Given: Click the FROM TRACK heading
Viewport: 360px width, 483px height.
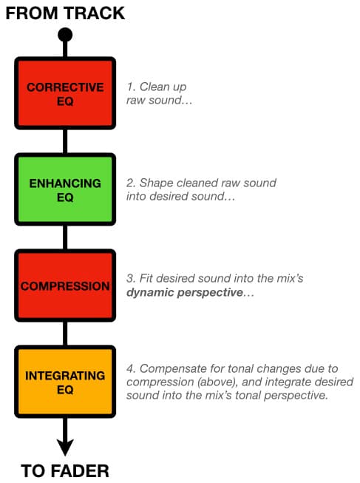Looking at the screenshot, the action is [65, 13].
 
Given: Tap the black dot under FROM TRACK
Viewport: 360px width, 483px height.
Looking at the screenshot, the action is [65, 35].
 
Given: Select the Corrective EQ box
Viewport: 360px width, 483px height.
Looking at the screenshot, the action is [65, 93].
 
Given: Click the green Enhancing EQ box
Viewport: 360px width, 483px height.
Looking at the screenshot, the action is [65, 189].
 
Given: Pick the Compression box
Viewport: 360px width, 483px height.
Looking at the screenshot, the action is [65, 286].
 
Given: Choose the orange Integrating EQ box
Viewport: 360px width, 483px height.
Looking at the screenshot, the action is [65, 382].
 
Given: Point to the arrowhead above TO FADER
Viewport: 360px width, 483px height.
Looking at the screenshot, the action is [65, 447].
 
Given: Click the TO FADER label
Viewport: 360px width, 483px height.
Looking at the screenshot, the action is [65, 471].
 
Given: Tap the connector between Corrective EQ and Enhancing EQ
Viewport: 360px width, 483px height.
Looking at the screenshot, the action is [65, 141].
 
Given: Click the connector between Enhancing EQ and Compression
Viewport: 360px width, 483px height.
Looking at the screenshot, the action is [65, 237].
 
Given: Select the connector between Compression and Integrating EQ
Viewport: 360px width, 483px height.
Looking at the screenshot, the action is [65, 334].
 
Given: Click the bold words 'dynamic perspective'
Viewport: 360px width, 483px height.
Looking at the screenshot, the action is [185, 292].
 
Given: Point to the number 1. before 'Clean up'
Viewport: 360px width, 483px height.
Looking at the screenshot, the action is [131, 87].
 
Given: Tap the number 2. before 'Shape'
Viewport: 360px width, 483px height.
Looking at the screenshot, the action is [131, 183].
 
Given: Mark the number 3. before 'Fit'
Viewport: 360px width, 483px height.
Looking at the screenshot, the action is [131, 278].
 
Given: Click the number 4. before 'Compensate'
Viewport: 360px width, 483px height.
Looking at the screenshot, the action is [131, 368].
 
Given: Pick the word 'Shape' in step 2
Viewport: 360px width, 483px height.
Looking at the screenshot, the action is [157, 183].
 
